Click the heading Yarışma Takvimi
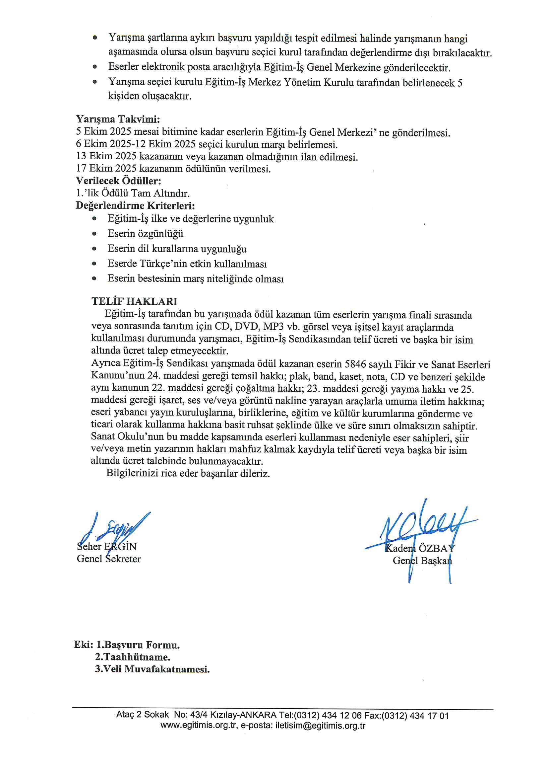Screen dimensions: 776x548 coord(118,119)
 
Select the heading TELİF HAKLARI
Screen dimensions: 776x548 coord(134,301)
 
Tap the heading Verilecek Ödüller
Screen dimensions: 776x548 coord(118,181)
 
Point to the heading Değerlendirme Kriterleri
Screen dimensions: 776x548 coord(135,205)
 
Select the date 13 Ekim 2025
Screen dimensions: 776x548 coord(107,157)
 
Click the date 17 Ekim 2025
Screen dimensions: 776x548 coord(107,169)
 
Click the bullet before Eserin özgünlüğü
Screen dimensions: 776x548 coord(94,234)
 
